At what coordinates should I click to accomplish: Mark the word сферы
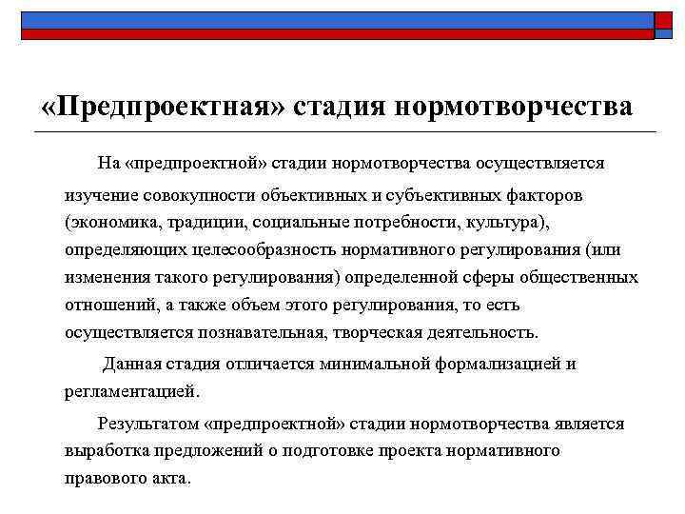[x=502, y=277]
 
